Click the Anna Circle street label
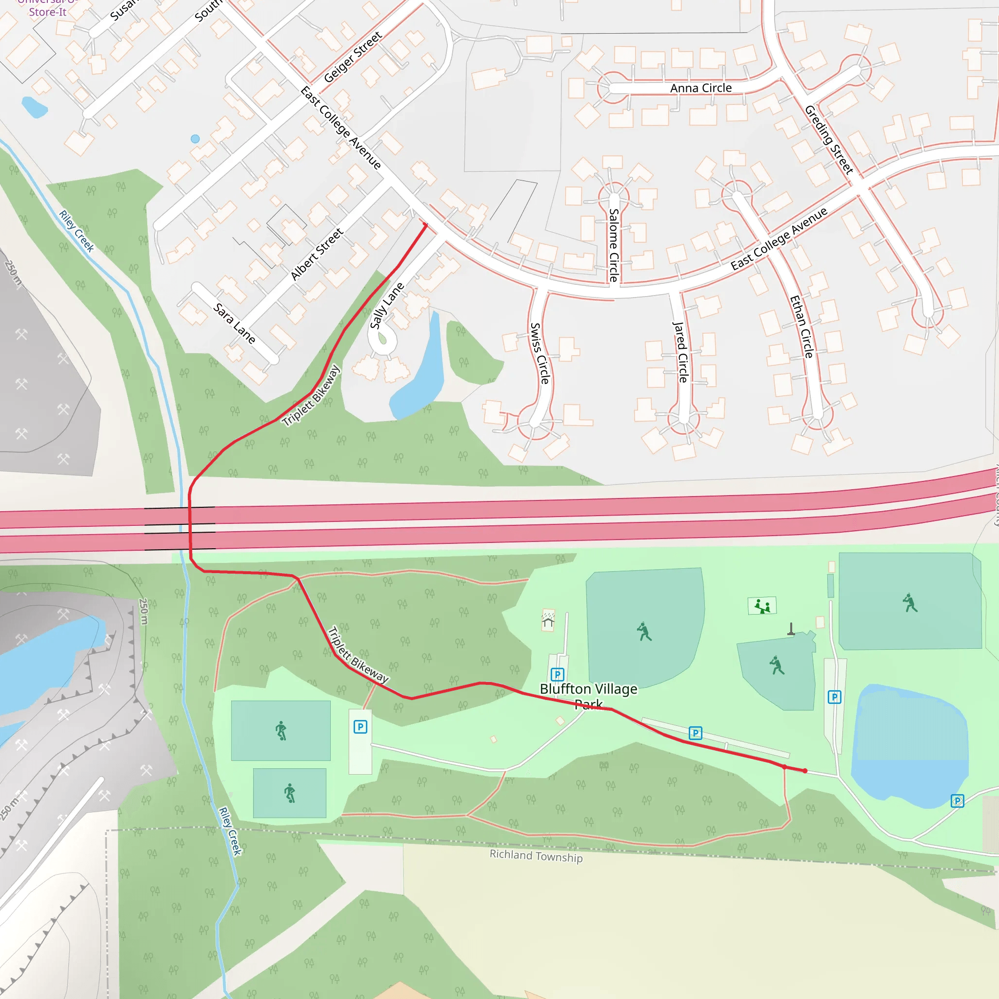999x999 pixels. pyautogui.click(x=700, y=88)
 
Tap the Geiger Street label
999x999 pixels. pyautogui.click(x=353, y=57)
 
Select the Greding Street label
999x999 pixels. pyautogui.click(x=828, y=140)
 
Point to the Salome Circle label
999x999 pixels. pyautogui.click(x=614, y=244)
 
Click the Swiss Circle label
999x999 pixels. pyautogui.click(x=539, y=353)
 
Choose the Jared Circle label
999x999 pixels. pyautogui.click(x=680, y=352)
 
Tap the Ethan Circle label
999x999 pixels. pyautogui.click(x=801, y=326)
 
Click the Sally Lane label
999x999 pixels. pyautogui.click(x=387, y=305)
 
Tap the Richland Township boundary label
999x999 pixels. pyautogui.click(x=536, y=856)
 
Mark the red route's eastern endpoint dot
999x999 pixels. pyautogui.click(x=805, y=771)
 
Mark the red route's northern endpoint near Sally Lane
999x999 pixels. pyautogui.click(x=425, y=225)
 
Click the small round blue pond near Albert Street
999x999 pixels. pyautogui.click(x=195, y=139)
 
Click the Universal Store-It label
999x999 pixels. pyautogui.click(x=48, y=8)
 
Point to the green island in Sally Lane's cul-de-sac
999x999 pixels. pyautogui.click(x=382, y=339)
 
